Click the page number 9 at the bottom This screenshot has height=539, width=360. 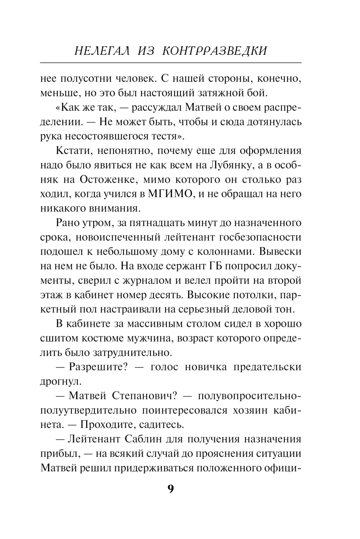point(171,489)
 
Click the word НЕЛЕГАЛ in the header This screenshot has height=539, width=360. point(100,51)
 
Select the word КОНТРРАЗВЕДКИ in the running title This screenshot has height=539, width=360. point(215,51)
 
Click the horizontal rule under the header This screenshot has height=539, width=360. point(171,63)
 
